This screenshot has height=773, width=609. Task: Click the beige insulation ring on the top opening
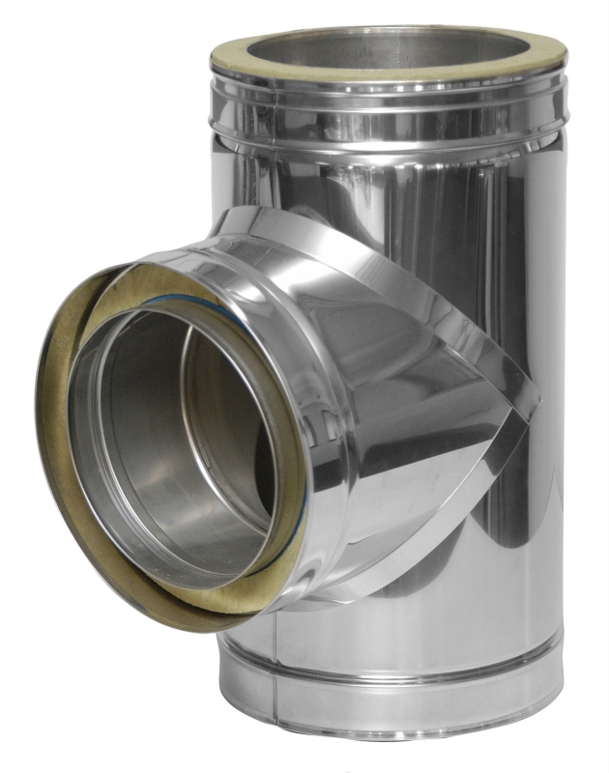pos(387,71)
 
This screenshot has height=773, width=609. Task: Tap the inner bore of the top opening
pos(387,48)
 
